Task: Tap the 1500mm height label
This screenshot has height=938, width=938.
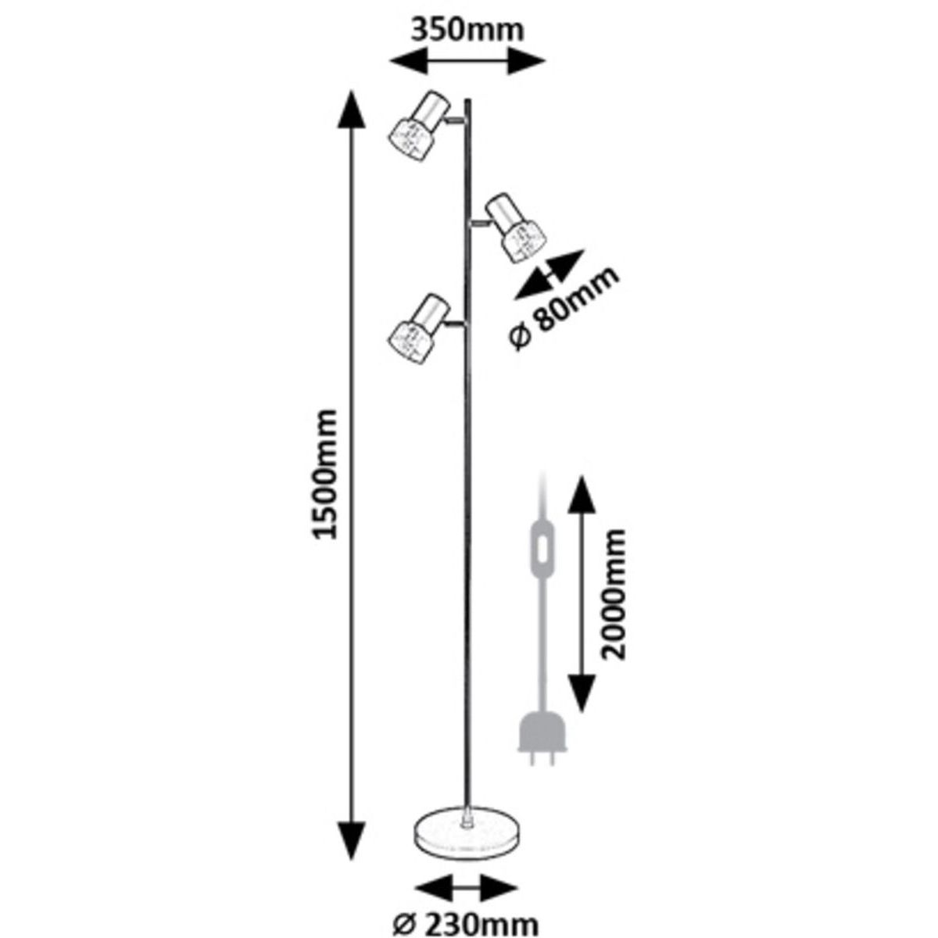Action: tap(324, 473)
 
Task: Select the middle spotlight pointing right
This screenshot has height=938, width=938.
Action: tap(514, 229)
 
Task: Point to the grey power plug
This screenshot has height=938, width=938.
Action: tap(538, 736)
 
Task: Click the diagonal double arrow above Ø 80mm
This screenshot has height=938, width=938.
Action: tap(549, 274)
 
